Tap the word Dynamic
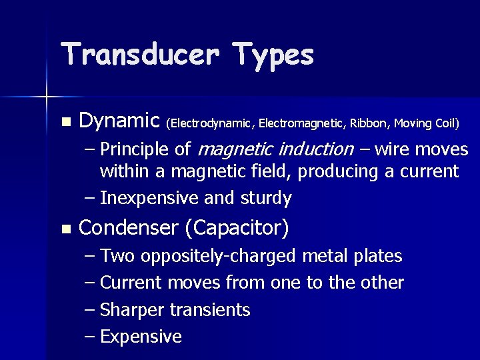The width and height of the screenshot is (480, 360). (x=119, y=121)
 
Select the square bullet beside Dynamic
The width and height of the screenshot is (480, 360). (x=65, y=122)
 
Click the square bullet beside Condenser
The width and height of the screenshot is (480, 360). (x=65, y=229)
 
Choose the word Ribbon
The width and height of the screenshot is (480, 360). (x=370, y=123)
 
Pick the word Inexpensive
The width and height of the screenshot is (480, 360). (x=153, y=198)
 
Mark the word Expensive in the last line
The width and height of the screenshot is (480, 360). (x=141, y=337)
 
